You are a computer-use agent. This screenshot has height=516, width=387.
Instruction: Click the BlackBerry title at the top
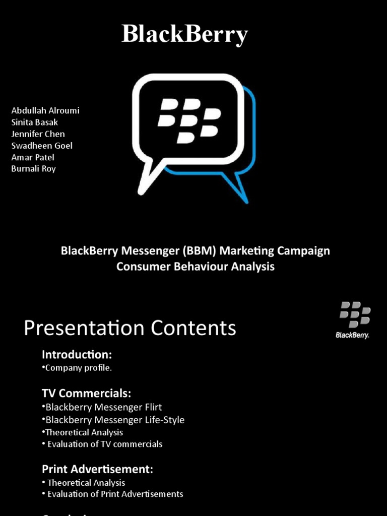[184, 35]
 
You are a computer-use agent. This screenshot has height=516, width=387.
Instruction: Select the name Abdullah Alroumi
[45, 110]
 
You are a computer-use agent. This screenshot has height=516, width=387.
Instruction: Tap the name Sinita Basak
[34, 122]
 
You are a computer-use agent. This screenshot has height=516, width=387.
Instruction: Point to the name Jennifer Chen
[38, 134]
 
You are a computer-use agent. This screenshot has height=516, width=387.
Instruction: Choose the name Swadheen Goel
[42, 146]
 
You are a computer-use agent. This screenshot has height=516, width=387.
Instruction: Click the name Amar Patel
[33, 157]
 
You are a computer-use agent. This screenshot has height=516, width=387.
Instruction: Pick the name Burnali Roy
[33, 169]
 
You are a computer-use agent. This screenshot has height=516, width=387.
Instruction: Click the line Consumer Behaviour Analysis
[196, 267]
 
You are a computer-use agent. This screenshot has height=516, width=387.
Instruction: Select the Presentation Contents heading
[130, 328]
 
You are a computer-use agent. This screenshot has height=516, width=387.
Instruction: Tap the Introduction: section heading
[77, 354]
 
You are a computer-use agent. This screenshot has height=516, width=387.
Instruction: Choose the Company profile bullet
[78, 368]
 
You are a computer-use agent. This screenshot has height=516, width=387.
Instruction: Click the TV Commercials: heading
[86, 393]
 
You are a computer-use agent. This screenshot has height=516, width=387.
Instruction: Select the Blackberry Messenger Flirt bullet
[103, 407]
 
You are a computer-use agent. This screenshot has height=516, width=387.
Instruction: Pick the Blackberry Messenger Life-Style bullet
[114, 420]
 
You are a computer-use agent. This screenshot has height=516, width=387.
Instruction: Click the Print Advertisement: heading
[97, 469]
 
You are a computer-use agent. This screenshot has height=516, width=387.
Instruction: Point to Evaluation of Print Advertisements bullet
[115, 494]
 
